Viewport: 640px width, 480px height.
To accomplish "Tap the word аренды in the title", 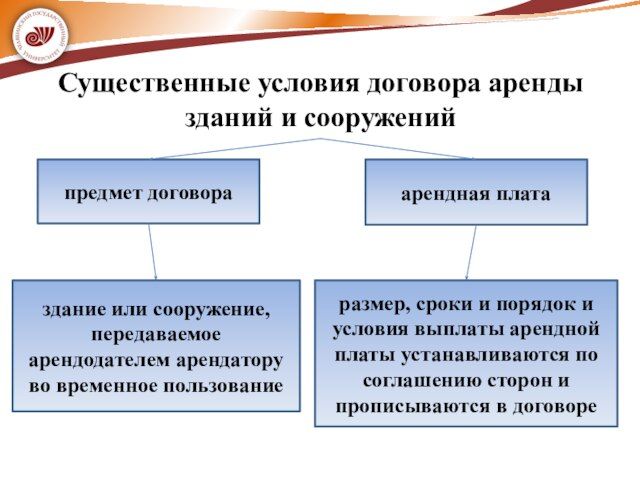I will (x=536, y=84).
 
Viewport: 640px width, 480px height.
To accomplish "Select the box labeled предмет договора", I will (x=148, y=191).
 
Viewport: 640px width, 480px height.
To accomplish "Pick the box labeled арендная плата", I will (x=475, y=192).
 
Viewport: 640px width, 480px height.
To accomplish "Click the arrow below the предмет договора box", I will (x=153, y=251).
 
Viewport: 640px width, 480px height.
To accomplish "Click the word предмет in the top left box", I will (x=101, y=191).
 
